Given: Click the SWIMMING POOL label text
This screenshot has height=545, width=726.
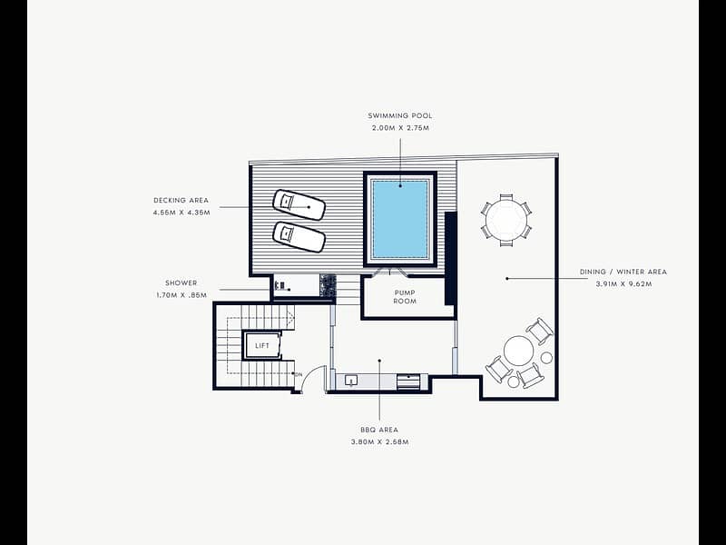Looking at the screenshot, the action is [400, 116].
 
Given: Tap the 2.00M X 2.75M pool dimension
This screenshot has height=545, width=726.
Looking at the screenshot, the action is [400, 128].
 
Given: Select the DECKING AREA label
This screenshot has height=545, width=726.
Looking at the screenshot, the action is [181, 201].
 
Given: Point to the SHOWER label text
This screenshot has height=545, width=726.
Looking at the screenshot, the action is [181, 283].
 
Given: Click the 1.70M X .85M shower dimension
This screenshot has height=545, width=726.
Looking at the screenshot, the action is [181, 295].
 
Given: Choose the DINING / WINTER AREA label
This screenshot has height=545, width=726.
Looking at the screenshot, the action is [623, 272].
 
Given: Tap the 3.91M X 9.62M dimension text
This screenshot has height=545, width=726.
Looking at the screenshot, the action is [623, 284].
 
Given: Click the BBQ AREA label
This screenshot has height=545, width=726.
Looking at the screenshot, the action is [379, 430].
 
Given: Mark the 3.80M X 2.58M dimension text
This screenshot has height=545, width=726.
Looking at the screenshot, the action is [379, 442].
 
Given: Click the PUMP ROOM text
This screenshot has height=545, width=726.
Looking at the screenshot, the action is [405, 297].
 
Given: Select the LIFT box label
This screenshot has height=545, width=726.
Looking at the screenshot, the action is [262, 346].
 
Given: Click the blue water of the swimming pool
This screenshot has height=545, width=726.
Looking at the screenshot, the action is [400, 219].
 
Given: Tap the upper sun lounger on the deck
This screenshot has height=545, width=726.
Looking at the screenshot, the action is [299, 205].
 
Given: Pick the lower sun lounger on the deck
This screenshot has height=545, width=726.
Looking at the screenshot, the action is [299, 237].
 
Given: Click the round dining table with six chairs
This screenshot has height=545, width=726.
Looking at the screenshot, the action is [506, 220].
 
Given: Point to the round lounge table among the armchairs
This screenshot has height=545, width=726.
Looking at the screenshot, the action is [519, 351].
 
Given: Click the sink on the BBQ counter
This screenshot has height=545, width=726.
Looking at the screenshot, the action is [351, 381].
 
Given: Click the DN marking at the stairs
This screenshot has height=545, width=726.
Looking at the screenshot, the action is [299, 374].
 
